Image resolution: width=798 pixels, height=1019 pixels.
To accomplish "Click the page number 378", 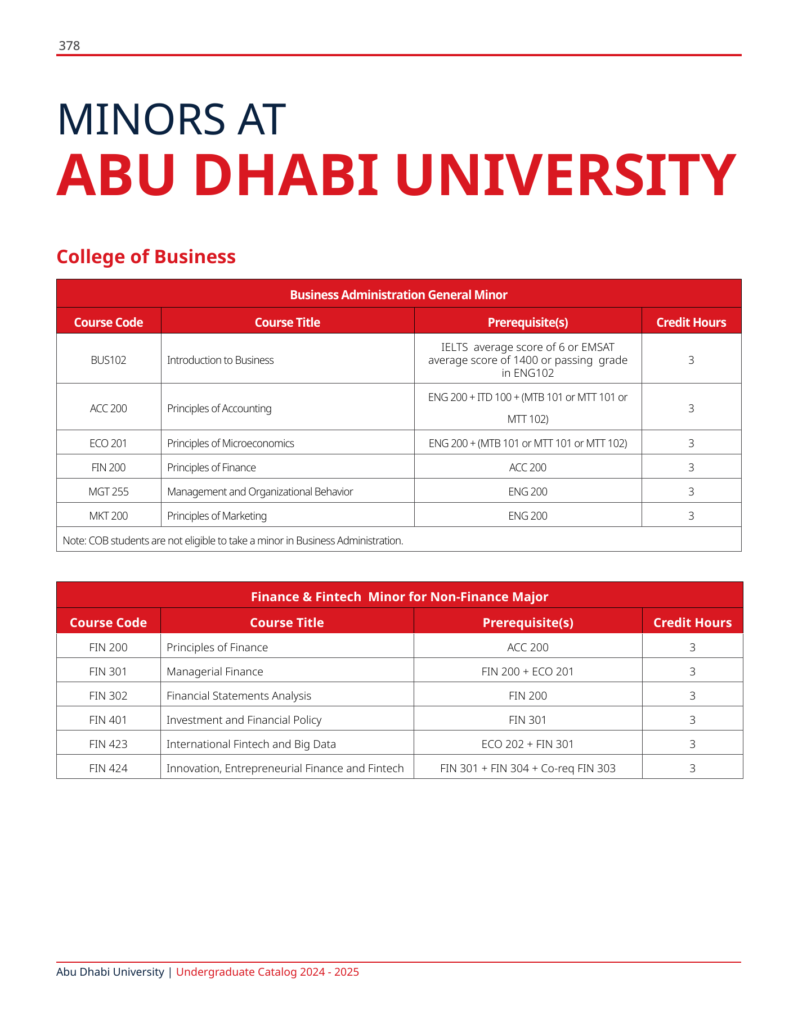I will (x=69, y=46).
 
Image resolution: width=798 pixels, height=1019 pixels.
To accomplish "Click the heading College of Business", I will (x=146, y=256).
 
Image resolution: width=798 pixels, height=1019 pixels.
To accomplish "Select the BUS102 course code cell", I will (x=109, y=360).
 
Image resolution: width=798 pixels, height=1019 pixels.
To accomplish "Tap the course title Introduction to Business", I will (x=220, y=360).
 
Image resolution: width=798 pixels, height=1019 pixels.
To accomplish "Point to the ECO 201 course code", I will (x=109, y=443).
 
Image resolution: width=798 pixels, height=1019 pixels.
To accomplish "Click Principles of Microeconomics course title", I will (x=230, y=443).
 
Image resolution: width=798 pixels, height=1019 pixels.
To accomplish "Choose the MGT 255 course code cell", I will (x=109, y=492).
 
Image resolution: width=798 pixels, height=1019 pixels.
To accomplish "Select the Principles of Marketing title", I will (x=217, y=516).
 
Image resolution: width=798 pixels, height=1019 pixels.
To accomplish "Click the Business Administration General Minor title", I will (x=398, y=295).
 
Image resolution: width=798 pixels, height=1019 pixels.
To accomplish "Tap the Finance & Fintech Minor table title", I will (x=399, y=597).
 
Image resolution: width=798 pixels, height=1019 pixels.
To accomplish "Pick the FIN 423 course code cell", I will (x=109, y=744).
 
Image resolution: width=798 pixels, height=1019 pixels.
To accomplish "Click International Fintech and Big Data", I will (x=251, y=744).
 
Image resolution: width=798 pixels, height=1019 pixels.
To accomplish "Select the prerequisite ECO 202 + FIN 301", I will (x=527, y=744).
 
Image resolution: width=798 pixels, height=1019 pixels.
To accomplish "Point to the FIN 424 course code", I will (x=109, y=768).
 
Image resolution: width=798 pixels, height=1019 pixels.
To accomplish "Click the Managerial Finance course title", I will (x=214, y=671).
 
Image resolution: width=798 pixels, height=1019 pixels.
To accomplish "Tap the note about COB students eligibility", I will (x=233, y=540).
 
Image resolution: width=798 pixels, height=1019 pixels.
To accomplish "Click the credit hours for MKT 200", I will (x=691, y=516).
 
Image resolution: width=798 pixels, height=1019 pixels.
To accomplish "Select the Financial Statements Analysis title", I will (x=239, y=696).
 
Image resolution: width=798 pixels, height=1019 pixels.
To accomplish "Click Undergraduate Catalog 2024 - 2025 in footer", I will (x=267, y=972).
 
